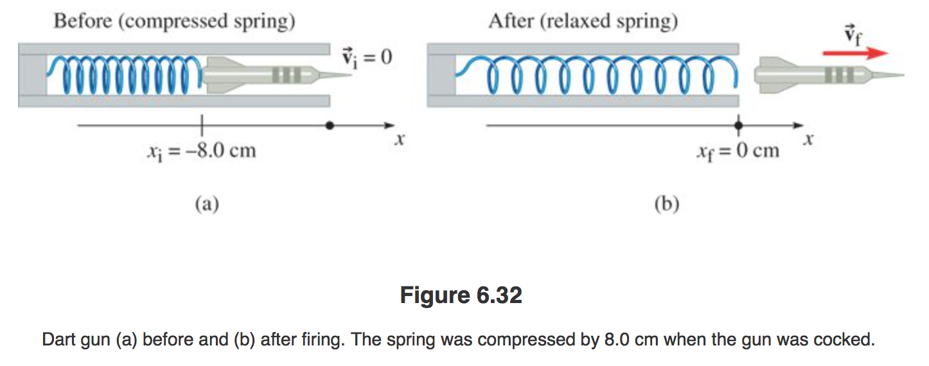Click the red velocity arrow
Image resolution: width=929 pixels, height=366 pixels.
(855, 53)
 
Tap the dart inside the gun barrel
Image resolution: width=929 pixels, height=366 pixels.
(270, 76)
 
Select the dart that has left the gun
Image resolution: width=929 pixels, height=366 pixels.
(822, 75)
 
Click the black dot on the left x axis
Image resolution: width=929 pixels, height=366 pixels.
(330, 126)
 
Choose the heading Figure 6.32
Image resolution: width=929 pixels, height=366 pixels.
(461, 295)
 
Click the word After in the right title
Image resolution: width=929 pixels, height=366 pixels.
(510, 22)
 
